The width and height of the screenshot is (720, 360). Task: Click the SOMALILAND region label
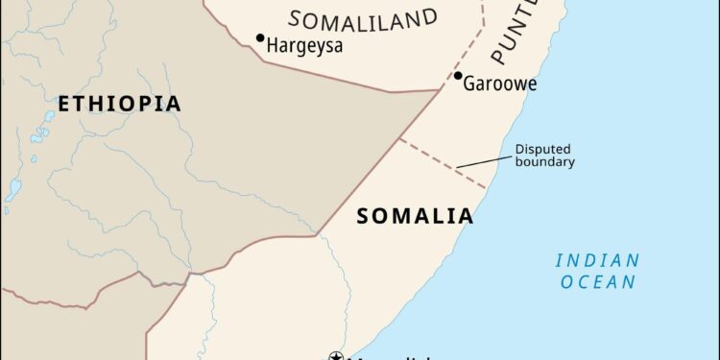[363, 18]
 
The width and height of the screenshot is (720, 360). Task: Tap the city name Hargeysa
[305, 44]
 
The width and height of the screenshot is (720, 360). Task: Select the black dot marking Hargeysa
[259, 38]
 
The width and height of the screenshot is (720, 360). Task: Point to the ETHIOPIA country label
[118, 104]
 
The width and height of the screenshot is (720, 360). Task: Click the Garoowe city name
[499, 84]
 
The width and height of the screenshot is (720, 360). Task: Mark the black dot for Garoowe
[458, 76]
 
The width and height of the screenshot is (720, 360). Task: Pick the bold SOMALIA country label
[415, 216]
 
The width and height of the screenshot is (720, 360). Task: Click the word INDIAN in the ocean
[597, 260]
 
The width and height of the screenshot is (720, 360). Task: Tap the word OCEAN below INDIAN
[599, 282]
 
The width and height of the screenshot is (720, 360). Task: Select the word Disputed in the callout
[543, 149]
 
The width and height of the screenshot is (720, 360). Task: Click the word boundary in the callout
[545, 162]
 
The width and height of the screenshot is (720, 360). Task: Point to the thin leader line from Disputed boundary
[481, 160]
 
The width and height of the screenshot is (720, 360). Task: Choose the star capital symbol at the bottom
[336, 356]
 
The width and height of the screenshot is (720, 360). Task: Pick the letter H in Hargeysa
[274, 44]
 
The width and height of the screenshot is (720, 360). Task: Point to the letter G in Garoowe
[470, 84]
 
